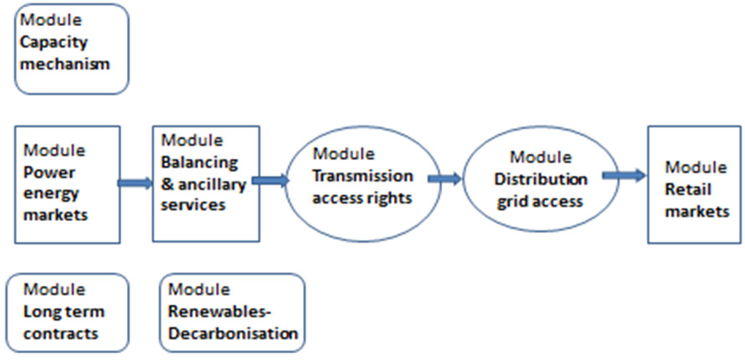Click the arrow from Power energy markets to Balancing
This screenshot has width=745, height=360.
[135, 183]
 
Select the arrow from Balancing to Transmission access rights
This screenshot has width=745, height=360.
[270, 180]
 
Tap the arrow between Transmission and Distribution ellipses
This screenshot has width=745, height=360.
[444, 178]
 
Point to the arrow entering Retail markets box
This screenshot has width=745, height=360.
[624, 176]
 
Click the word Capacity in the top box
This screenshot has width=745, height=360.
[54, 43]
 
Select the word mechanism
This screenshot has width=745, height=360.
[64, 64]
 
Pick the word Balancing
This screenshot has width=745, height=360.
[199, 162]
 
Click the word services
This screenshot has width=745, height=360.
[193, 205]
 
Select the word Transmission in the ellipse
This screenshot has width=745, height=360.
[362, 176]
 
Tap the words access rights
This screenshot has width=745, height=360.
[362, 198]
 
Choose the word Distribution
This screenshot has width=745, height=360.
[541, 179]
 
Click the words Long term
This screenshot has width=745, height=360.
[64, 311]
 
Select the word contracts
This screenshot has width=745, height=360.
[61, 333]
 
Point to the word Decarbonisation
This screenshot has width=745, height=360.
[234, 333]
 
